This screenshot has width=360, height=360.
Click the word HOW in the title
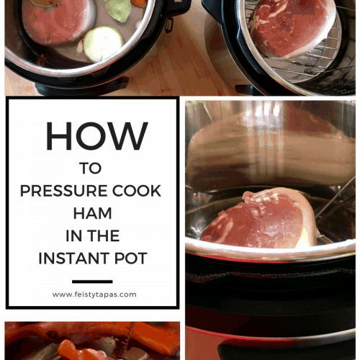click(96, 137)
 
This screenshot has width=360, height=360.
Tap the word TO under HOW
click(91, 169)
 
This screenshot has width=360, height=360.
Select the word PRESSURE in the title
click(60, 192)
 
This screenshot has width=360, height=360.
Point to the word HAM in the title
click(91, 214)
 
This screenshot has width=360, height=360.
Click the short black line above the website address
click(92, 282)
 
